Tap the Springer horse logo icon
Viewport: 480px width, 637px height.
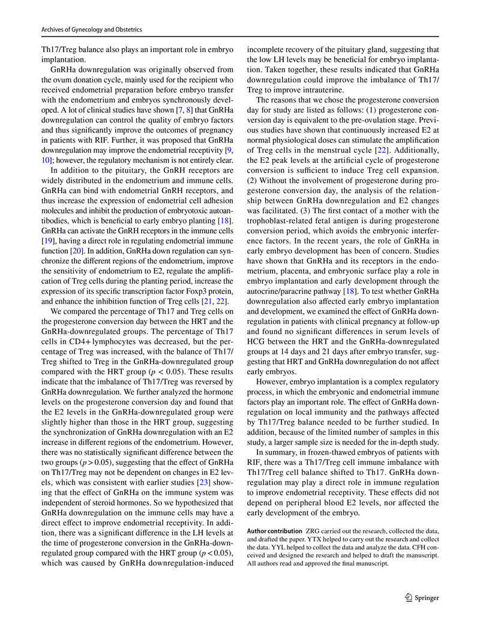point(409,597)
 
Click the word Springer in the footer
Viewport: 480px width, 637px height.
point(428,597)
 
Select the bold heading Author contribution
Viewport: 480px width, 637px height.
point(275,531)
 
